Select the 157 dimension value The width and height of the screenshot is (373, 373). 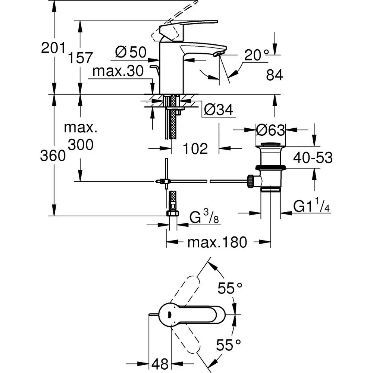point(80,58)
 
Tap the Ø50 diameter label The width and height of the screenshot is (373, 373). point(130,53)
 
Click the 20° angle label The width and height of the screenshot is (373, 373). point(257,56)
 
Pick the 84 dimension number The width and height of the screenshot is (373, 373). point(275,75)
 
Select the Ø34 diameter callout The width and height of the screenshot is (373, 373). point(219,110)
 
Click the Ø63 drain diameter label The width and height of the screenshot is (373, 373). point(271,130)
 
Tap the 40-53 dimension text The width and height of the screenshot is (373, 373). point(313,158)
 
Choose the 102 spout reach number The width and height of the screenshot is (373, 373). point(196,149)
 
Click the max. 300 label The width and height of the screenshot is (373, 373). point(81,136)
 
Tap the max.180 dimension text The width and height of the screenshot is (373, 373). point(217,243)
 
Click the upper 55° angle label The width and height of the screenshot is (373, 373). point(231,288)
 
